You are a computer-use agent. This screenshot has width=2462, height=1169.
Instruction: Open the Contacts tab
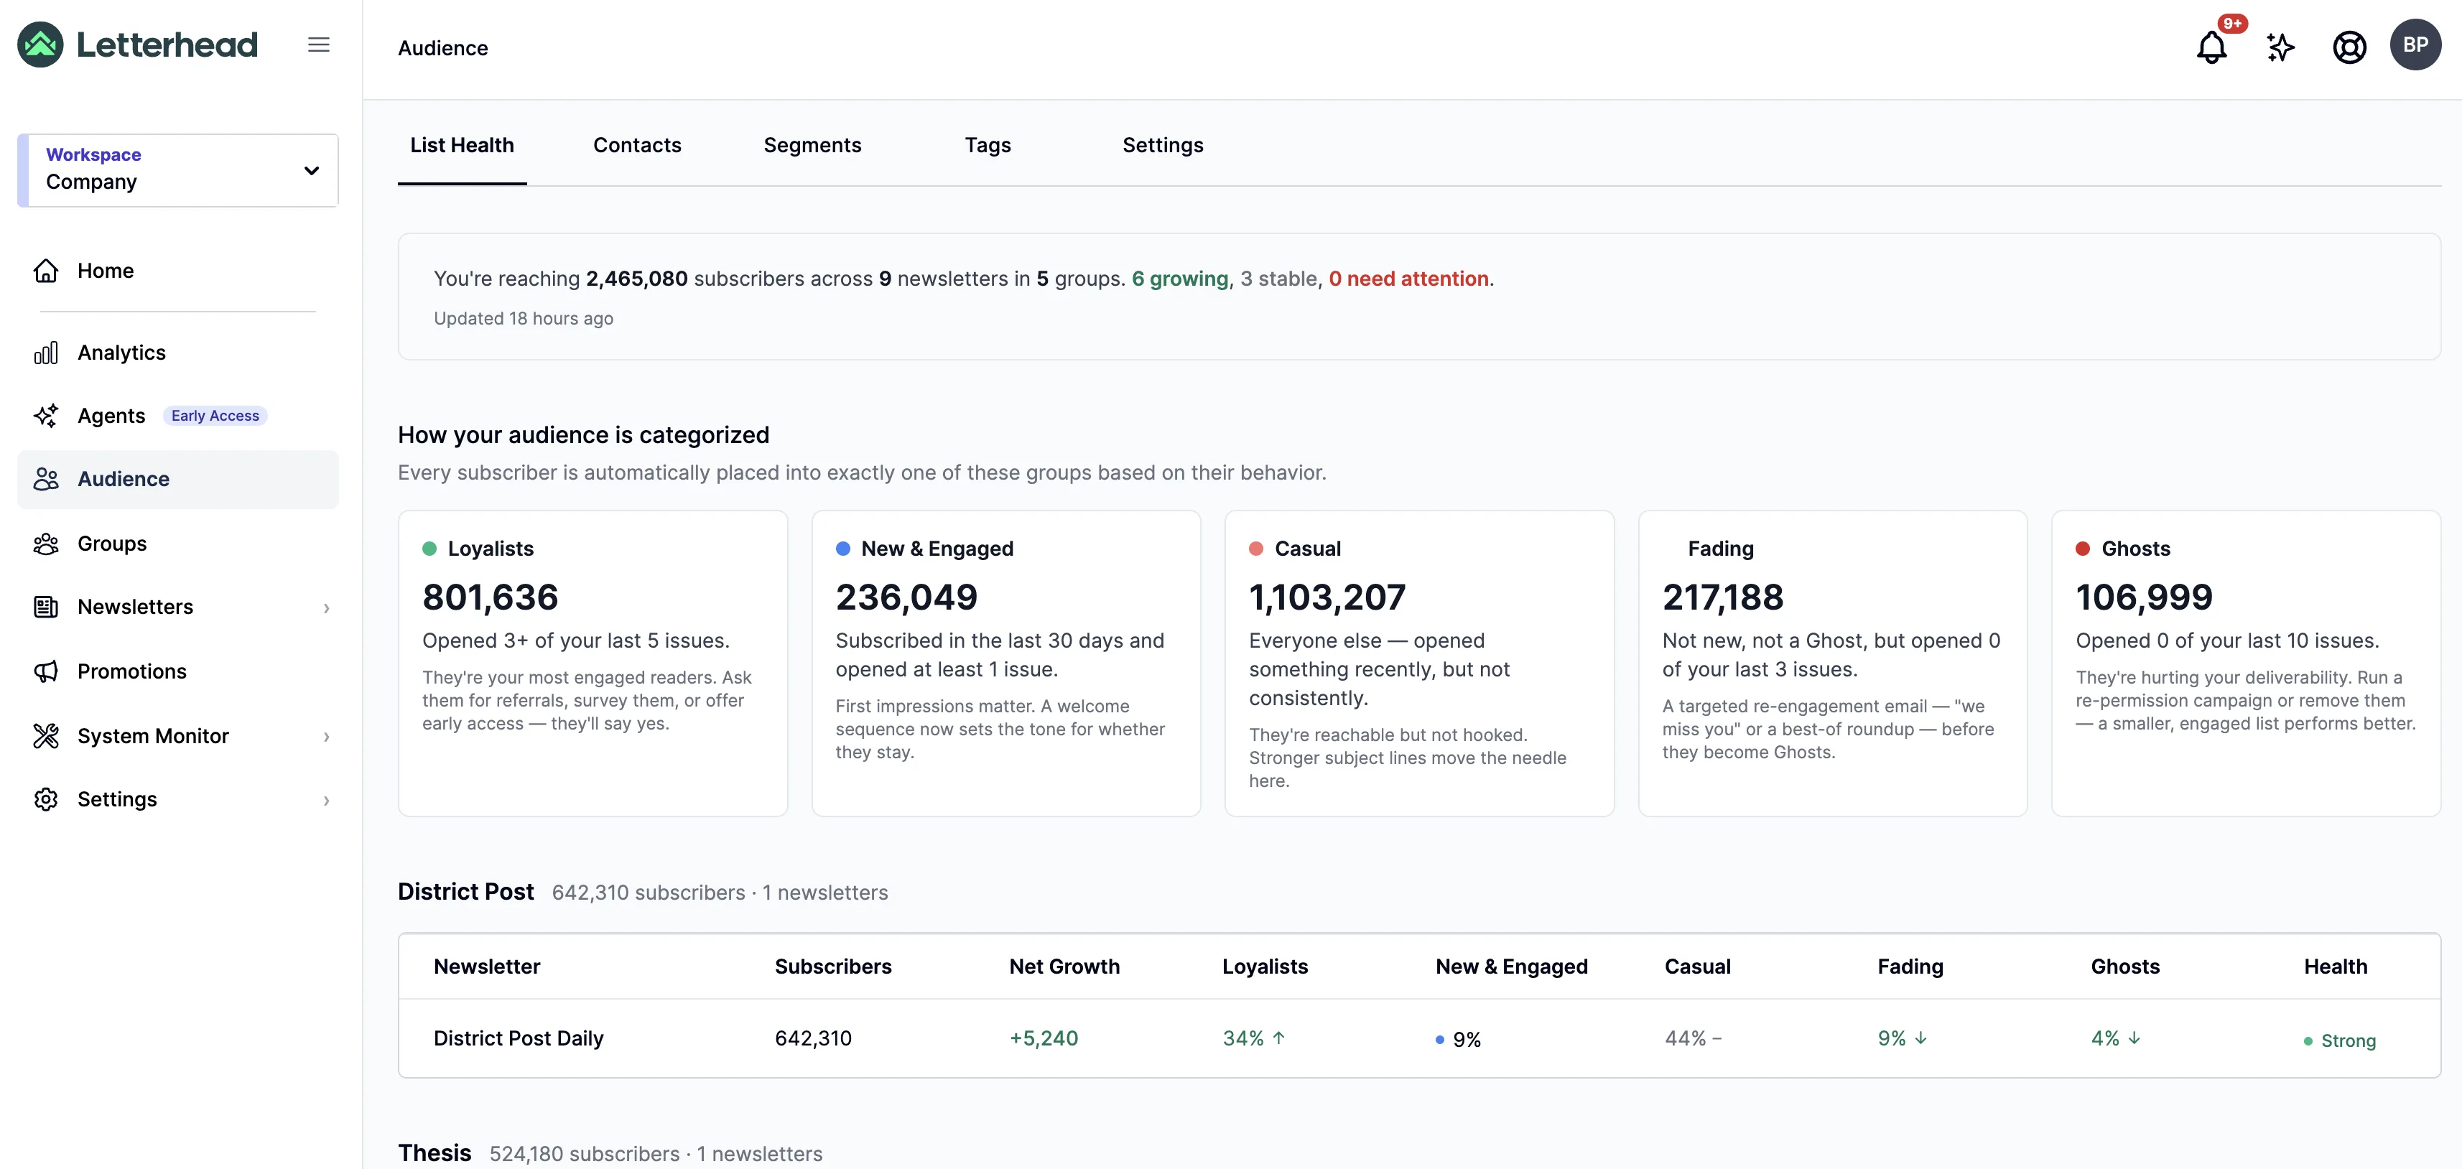pyautogui.click(x=636, y=145)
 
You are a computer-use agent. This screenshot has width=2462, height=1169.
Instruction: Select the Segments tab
pyautogui.click(x=812, y=145)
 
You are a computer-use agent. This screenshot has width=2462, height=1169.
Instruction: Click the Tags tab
pyautogui.click(x=988, y=145)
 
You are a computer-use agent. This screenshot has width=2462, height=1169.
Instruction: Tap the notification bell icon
pyautogui.click(x=2211, y=47)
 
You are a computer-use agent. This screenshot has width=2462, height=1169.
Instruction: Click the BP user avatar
pyautogui.click(x=2415, y=45)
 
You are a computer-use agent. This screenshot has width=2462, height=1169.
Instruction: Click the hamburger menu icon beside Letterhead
pyautogui.click(x=318, y=45)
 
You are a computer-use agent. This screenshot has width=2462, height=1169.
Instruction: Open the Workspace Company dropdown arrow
pyautogui.click(x=312, y=171)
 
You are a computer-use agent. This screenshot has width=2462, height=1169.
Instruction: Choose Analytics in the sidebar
pyautogui.click(x=121, y=353)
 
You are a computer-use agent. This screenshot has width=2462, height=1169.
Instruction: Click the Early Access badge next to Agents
pyautogui.click(x=215, y=416)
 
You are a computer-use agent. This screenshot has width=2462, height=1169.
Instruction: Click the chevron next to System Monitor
pyautogui.click(x=327, y=736)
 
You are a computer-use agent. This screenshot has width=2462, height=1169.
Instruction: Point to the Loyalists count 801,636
pyautogui.click(x=491, y=597)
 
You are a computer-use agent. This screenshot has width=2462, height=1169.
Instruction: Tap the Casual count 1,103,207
pyautogui.click(x=1327, y=597)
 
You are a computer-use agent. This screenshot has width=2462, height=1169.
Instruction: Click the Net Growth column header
pyautogui.click(x=1064, y=967)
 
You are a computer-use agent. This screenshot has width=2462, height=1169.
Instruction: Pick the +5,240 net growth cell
pyautogui.click(x=1044, y=1038)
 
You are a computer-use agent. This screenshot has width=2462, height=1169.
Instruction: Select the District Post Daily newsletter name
pyautogui.click(x=518, y=1038)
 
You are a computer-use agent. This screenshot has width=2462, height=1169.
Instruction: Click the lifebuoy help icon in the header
pyautogui.click(x=2349, y=47)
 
